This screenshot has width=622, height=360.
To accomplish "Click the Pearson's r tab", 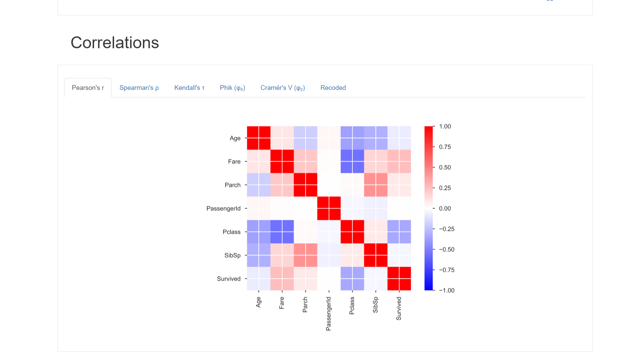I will (88, 88).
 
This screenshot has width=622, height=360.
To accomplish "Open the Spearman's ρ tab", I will (139, 88).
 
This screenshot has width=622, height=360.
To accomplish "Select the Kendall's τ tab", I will (189, 88).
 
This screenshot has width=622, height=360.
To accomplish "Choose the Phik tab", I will (232, 88).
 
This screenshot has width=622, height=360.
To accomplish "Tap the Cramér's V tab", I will (282, 88).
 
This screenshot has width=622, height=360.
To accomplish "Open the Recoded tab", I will (333, 88).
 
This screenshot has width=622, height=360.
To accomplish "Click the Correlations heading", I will (114, 43).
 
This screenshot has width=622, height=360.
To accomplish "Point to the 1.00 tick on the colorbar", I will (445, 126).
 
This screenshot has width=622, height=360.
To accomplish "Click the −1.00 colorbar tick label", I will (446, 290).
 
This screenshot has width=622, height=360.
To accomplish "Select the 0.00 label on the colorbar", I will (445, 208).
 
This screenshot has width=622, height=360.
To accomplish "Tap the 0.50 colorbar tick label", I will (445, 167).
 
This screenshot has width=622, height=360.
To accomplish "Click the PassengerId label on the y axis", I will (223, 208).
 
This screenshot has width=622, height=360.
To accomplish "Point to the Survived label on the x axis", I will (399, 308).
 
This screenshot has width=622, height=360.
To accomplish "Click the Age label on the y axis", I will (235, 138).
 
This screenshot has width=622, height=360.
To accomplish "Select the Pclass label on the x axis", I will (352, 305).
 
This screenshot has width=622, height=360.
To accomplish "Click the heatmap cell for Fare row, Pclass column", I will (352, 162).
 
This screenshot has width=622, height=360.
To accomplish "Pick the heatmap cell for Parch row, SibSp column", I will (376, 185).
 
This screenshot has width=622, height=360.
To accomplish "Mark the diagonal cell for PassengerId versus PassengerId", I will (329, 208).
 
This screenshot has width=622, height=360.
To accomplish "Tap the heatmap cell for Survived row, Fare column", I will (282, 279).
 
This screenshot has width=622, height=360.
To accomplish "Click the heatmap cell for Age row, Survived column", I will (399, 138).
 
